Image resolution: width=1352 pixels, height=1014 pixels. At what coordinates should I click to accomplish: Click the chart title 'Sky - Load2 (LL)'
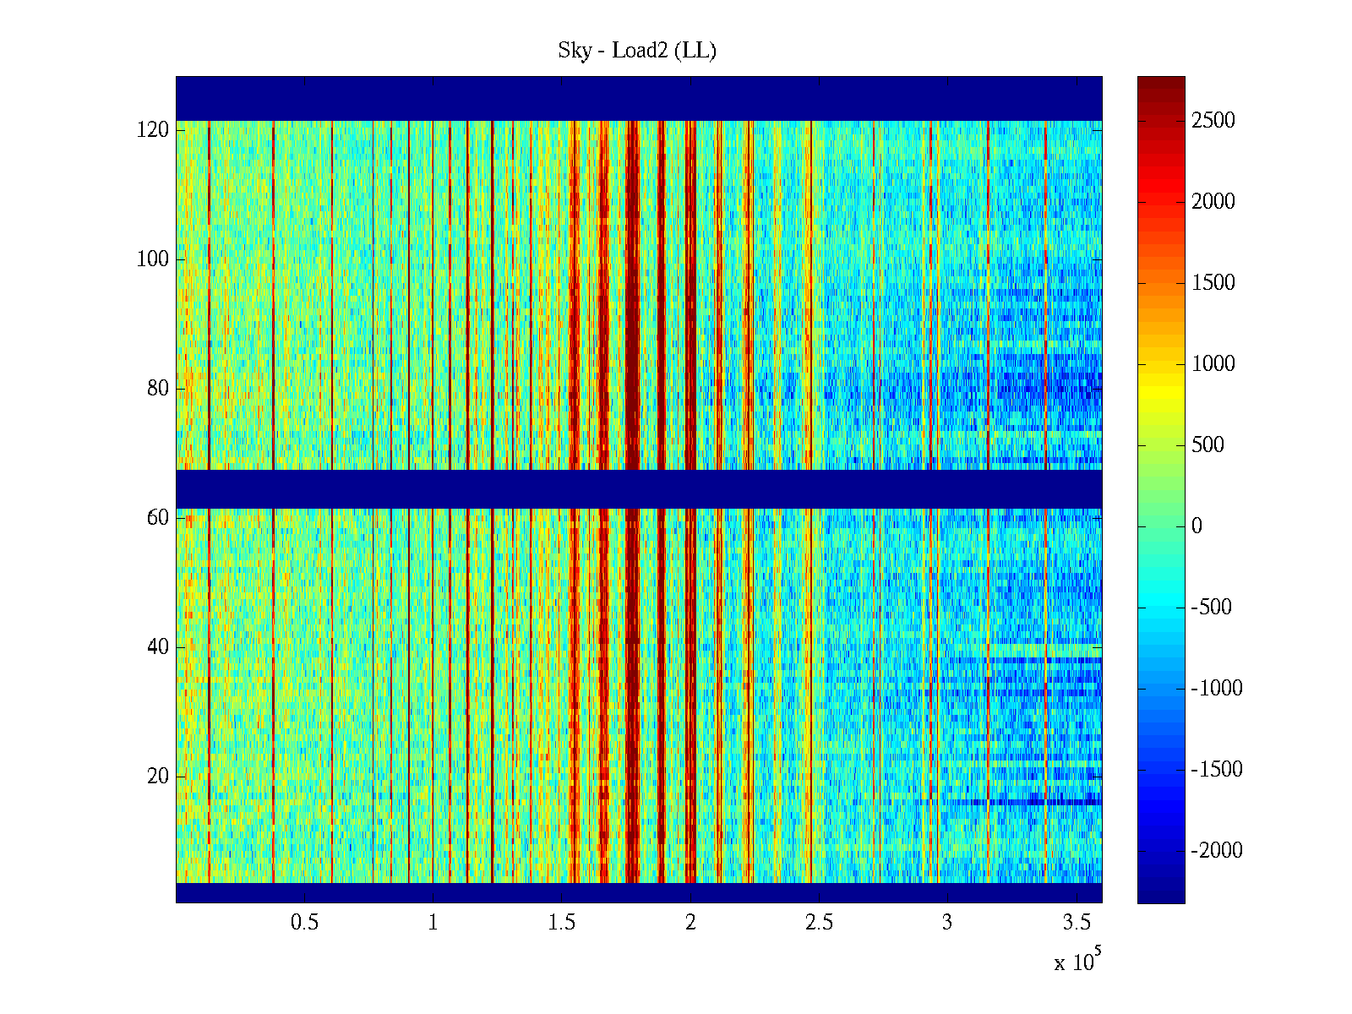click(x=637, y=51)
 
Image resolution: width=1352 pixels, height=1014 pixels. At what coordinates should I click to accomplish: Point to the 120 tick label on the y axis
click(x=153, y=130)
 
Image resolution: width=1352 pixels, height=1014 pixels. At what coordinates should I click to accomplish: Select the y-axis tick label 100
click(x=153, y=259)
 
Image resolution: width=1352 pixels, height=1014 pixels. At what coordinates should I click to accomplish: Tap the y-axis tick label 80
click(x=158, y=389)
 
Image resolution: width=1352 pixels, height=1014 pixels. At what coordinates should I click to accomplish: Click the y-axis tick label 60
click(x=158, y=518)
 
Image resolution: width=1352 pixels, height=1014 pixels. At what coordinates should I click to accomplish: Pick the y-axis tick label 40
click(x=158, y=647)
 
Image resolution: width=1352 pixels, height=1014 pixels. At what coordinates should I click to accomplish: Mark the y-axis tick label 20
click(x=158, y=777)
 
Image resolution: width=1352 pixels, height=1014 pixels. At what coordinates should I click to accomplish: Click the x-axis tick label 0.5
click(x=304, y=923)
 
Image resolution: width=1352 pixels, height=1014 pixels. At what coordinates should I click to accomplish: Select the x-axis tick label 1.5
click(x=562, y=923)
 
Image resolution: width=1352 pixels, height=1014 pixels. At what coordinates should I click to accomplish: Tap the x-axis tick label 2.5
click(x=819, y=923)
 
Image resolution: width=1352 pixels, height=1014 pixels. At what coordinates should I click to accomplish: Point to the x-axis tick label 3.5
click(x=1077, y=923)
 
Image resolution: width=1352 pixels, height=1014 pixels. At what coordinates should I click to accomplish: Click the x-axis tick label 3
click(x=947, y=923)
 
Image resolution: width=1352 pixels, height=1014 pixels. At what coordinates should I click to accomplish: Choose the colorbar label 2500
click(x=1213, y=121)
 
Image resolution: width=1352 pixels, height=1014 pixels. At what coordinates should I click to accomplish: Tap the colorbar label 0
click(x=1197, y=526)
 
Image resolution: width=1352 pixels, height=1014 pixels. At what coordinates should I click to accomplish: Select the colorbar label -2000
click(x=1217, y=851)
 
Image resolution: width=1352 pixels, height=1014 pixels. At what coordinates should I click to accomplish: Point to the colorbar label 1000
click(x=1213, y=364)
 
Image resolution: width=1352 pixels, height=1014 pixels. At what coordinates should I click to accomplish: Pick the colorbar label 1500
click(x=1213, y=283)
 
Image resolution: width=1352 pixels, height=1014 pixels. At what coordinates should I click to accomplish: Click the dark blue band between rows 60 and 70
click(x=639, y=489)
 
